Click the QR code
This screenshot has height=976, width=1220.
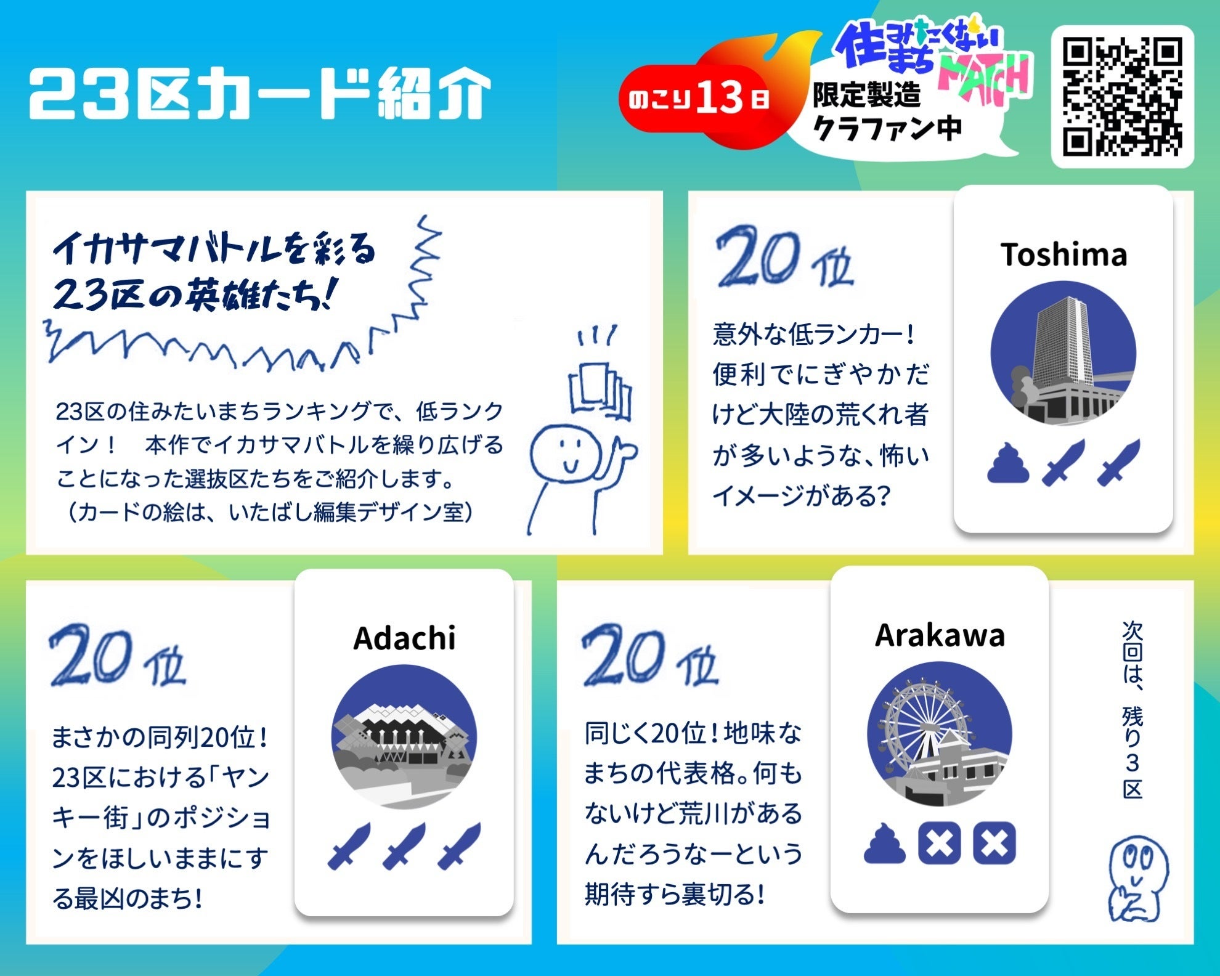pyautogui.click(x=1122, y=97)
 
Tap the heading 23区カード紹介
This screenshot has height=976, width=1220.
pyautogui.click(x=259, y=94)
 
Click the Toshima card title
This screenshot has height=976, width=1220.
pyautogui.click(x=1063, y=254)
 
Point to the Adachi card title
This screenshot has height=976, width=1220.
pyautogui.click(x=404, y=638)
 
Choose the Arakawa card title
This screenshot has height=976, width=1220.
pyautogui.click(x=940, y=635)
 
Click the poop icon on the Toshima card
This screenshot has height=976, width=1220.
pyautogui.click(x=1008, y=462)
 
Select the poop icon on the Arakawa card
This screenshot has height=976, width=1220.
pyautogui.click(x=885, y=842)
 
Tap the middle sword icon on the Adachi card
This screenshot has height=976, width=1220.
pyautogui.click(x=404, y=846)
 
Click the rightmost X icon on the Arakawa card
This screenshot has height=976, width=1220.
pyautogui.click(x=994, y=842)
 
